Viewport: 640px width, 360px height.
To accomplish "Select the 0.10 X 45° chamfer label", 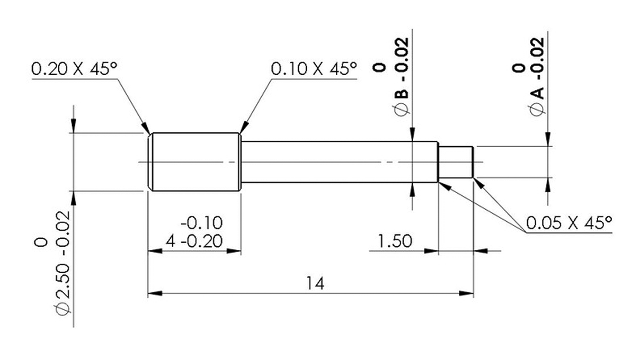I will click(314, 69).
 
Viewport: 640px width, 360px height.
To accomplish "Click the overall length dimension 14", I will click(314, 283).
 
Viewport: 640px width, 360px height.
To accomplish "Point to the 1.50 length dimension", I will click(395, 241).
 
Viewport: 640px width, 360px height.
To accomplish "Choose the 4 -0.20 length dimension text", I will click(193, 241).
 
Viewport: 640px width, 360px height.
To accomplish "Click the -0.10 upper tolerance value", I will click(201, 222).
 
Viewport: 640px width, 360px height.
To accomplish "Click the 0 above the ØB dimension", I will click(379, 67).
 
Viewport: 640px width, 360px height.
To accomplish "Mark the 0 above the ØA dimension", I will click(519, 67).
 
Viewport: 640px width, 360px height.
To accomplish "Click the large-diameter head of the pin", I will click(194, 161).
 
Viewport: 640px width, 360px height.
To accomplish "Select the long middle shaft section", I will click(339, 161).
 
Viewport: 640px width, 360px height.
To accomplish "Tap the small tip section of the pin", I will click(456, 162).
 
